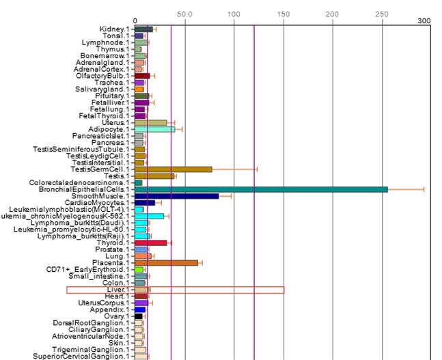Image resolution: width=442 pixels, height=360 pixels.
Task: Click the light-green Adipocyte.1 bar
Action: [x=154, y=129]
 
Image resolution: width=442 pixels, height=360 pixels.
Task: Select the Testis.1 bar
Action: [x=154, y=176]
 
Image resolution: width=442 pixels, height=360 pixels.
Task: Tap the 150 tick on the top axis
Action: [x=283, y=14]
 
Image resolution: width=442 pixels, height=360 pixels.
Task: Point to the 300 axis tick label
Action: [x=424, y=21]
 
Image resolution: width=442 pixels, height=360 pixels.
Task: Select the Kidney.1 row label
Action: [x=114, y=29]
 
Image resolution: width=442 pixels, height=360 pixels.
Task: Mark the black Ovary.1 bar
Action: [x=138, y=316]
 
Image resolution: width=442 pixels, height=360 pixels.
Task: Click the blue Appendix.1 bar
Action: [x=140, y=309]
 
